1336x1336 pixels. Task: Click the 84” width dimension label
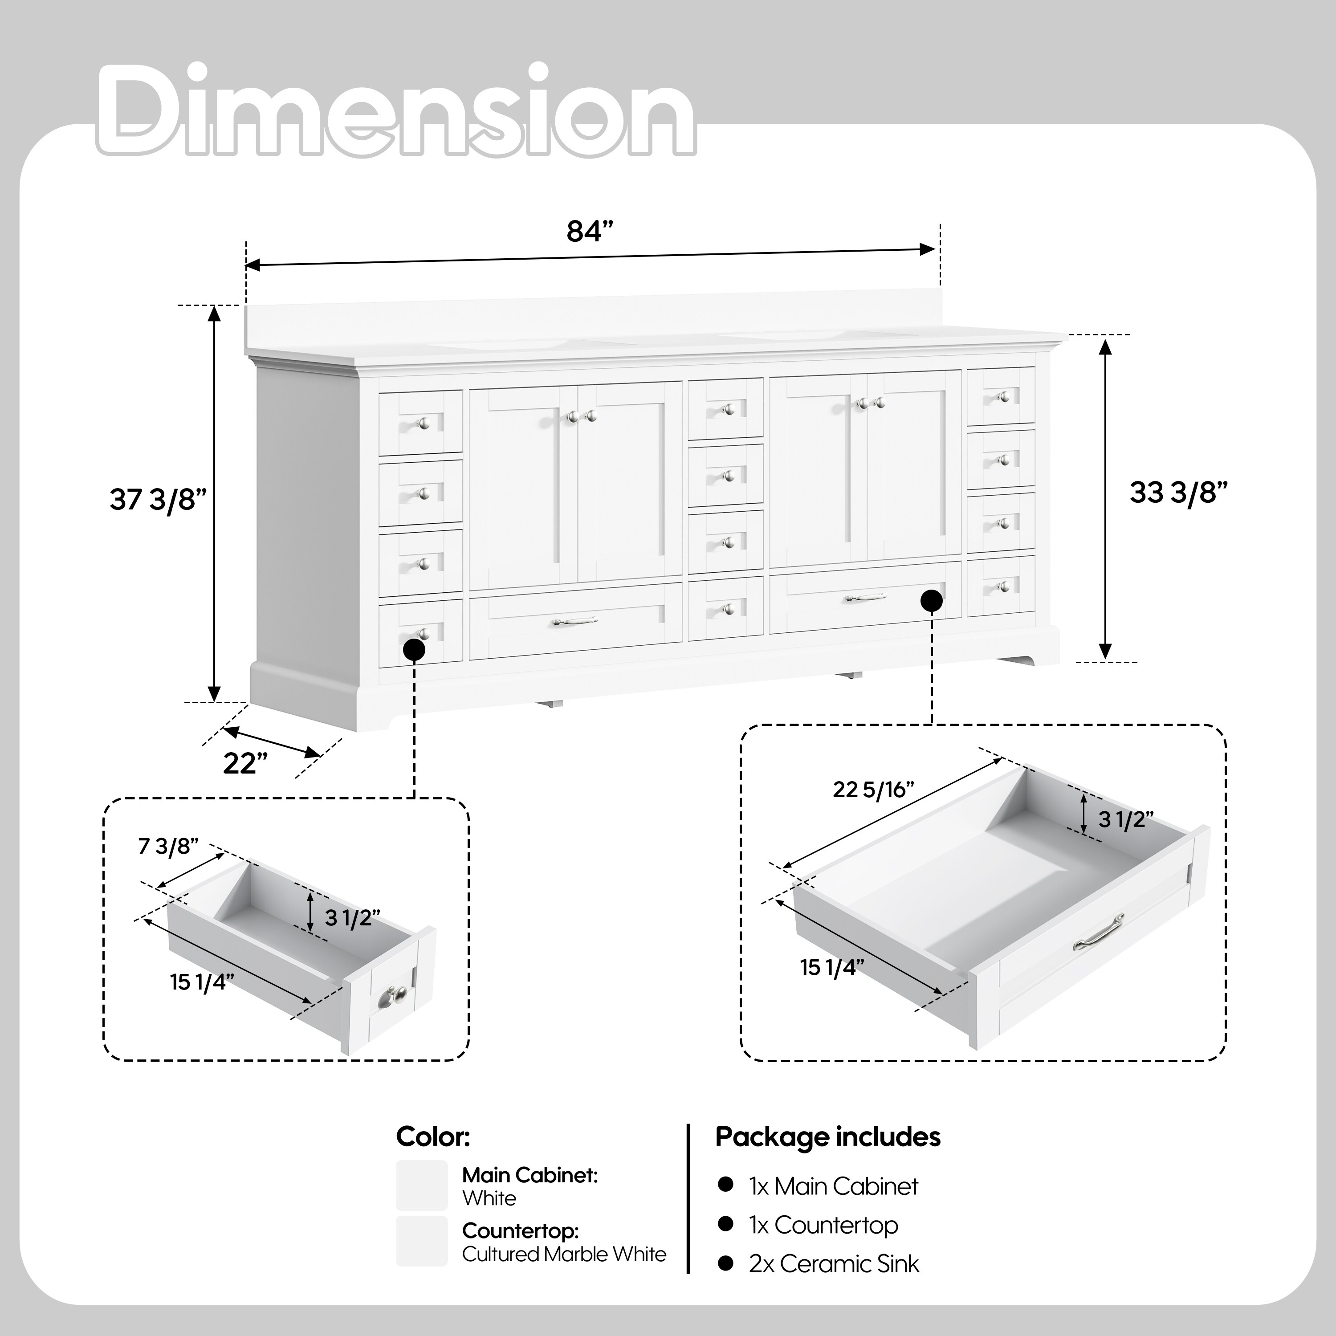click(590, 232)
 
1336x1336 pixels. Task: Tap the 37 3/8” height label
click(159, 499)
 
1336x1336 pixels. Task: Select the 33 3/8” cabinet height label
click(1178, 493)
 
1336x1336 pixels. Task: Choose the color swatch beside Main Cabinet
click(422, 1185)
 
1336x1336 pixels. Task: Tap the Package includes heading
click(828, 1137)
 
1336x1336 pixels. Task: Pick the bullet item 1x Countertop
click(823, 1225)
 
